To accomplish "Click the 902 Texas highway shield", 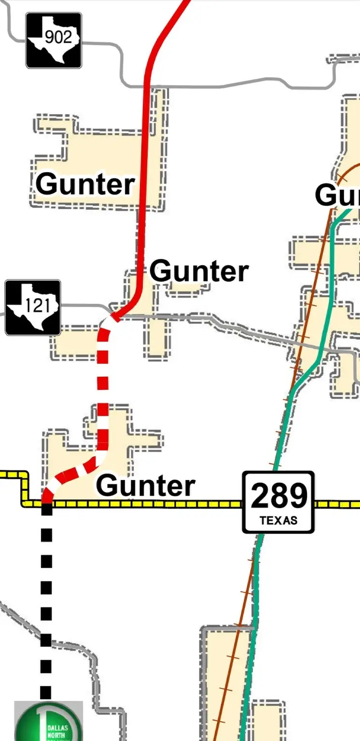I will tap(54, 40).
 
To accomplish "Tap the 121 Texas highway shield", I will tap(33, 307).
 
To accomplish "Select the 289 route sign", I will tap(278, 502).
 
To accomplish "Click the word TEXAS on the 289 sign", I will tap(278, 521).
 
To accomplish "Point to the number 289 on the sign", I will tap(278, 495).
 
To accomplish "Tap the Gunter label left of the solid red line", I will tap(85, 184).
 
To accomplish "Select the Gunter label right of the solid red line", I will tap(199, 271).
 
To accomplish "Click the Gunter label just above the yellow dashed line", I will tap(146, 485).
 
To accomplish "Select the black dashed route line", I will tap(46, 603).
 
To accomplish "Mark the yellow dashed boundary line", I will tap(145, 504).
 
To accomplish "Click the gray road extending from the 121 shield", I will tap(82, 305).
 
